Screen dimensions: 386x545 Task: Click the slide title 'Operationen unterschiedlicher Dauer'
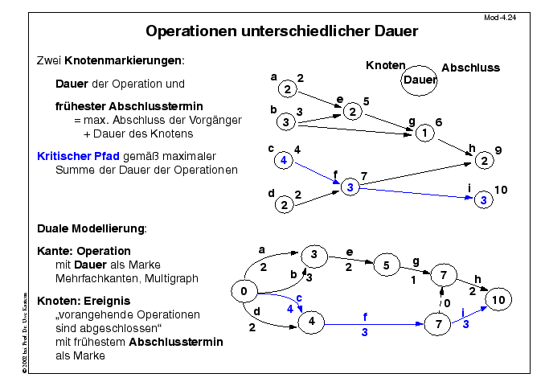281,32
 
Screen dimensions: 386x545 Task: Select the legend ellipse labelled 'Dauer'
420,79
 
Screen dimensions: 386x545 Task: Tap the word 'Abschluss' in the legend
470,68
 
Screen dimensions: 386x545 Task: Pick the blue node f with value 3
348,187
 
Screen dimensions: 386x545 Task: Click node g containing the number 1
424,133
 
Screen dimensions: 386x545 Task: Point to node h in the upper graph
483,161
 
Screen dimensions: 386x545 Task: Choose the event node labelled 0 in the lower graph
243,291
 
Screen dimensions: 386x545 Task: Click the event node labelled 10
498,299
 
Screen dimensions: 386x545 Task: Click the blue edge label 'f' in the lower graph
365,316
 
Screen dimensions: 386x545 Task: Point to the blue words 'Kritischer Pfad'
79,155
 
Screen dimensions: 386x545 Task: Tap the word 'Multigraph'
171,278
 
